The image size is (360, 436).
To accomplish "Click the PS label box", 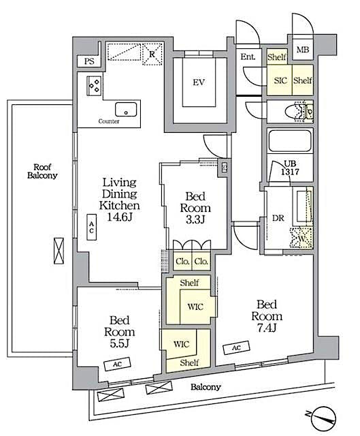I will point(88,61).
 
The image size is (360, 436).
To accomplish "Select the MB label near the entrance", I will point(303,50).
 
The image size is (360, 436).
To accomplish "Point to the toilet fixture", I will point(300,110).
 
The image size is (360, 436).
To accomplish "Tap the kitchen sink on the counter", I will point(124,110).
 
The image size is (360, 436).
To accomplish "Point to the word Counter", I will point(109,121).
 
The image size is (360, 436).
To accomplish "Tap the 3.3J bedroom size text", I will point(195,220).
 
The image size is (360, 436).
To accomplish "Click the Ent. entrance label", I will point(248,57).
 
